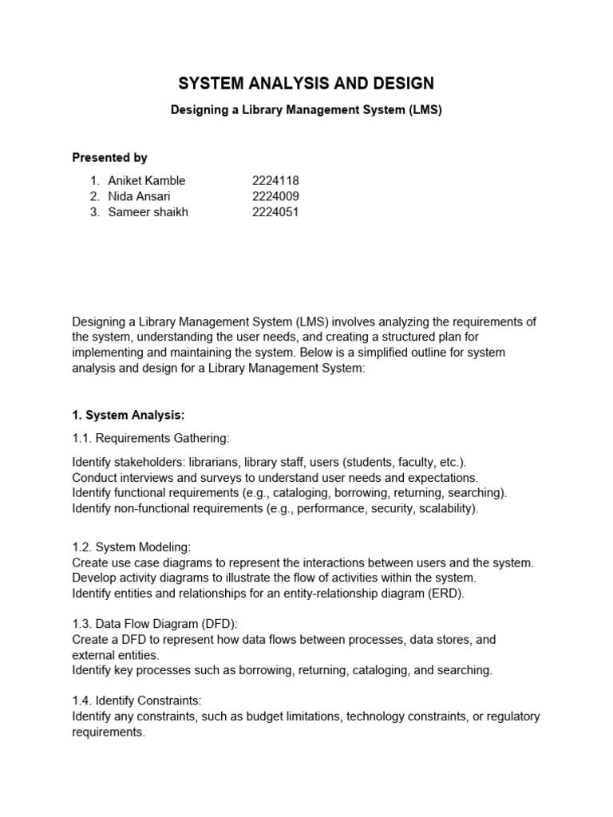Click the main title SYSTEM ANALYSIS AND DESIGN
(x=306, y=83)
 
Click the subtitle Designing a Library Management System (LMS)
(x=306, y=110)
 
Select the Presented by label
(x=109, y=157)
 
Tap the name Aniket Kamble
(x=146, y=180)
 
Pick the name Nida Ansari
(x=139, y=196)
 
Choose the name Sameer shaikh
(x=148, y=212)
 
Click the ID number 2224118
(x=275, y=180)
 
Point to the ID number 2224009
(x=275, y=196)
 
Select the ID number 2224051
(x=275, y=212)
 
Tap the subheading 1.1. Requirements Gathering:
(x=150, y=438)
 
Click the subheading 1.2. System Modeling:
(x=131, y=547)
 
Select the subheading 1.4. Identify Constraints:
(x=137, y=701)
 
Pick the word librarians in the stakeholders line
(x=211, y=462)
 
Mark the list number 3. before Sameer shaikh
(x=95, y=212)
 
